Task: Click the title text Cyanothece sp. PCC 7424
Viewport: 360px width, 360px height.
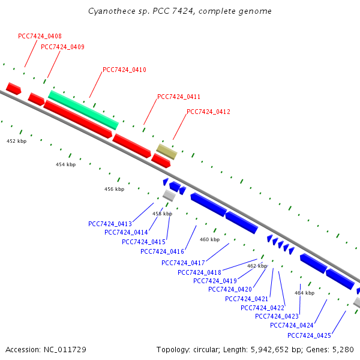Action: click(137, 11)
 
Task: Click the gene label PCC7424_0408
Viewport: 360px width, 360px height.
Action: click(40, 37)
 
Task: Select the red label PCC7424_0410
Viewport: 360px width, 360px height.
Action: click(124, 70)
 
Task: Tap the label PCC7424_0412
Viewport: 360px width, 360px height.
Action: click(208, 112)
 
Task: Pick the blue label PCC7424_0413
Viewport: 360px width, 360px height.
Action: click(110, 224)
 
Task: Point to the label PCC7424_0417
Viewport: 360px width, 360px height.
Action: click(183, 263)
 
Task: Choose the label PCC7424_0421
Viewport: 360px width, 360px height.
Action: click(247, 299)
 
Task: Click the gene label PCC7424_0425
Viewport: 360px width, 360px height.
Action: click(309, 335)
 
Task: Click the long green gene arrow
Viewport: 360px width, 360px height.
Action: click(83, 109)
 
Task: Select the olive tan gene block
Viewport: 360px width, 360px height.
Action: click(167, 151)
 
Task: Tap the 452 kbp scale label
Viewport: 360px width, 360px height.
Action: click(16, 141)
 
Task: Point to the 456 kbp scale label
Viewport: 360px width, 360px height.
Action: click(114, 189)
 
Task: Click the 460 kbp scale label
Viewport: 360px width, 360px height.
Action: click(209, 239)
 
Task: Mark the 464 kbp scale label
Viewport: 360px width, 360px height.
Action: click(304, 293)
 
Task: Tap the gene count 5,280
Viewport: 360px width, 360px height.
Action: click(342, 349)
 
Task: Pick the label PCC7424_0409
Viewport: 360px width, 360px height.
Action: click(62, 47)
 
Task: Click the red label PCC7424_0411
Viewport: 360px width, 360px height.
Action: click(179, 97)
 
